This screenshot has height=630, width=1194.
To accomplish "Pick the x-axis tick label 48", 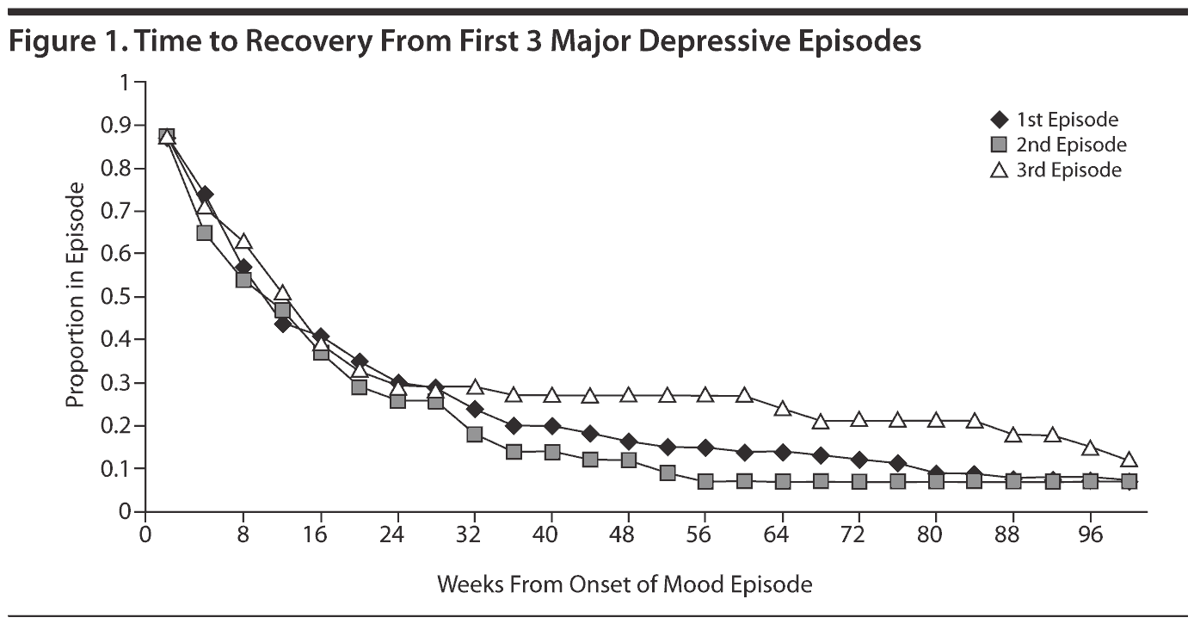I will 625,534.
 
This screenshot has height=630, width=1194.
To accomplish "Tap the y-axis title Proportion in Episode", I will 76,295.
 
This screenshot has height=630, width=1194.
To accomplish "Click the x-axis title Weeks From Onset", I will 625,585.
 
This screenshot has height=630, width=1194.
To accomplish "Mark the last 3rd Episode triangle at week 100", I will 1129,460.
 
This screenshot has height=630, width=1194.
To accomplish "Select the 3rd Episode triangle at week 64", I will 783,408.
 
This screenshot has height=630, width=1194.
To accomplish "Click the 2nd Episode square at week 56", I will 705,482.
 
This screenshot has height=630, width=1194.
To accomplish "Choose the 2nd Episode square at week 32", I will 474,435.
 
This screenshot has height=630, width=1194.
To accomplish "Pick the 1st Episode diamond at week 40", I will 551,426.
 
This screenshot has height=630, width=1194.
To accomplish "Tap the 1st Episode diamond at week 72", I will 859,460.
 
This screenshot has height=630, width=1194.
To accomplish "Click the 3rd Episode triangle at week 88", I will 1013,435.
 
